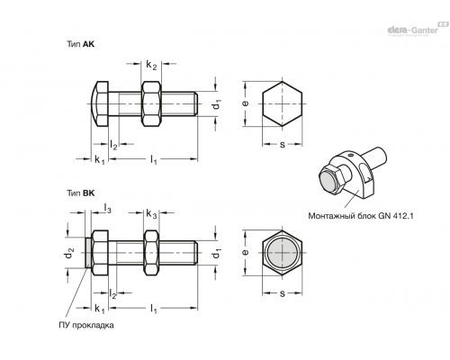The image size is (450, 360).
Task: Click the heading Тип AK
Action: tap(80, 44)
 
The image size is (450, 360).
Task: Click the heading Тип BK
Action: tap(80, 193)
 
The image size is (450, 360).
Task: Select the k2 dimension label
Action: tap(151, 65)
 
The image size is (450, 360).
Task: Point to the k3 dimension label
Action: tap(151, 214)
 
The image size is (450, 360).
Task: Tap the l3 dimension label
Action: tap(107, 208)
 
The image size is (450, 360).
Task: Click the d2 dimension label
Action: tap(69, 254)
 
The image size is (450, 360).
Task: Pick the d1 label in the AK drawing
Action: tap(217, 104)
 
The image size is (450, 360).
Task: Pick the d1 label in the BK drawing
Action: tap(217, 254)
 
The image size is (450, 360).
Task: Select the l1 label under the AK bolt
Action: tap(154, 159)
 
